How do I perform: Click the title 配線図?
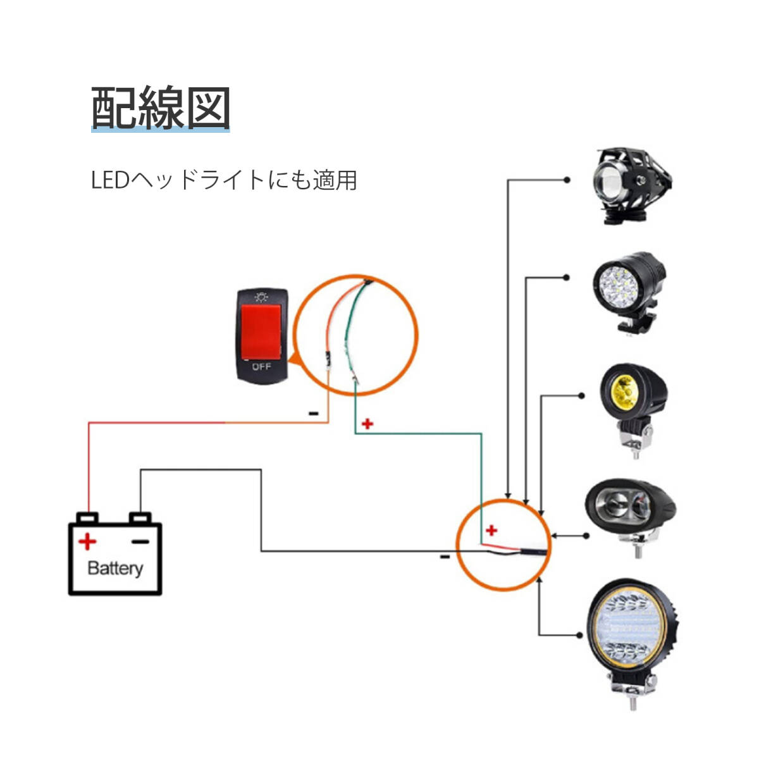coord(161,109)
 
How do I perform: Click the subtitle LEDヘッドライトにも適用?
coord(224,180)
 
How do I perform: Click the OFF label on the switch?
coord(261,366)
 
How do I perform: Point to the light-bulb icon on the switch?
coord(260,296)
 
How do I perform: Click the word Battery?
coord(114,567)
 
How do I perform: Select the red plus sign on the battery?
coord(87,542)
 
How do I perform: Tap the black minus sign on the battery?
coord(140,541)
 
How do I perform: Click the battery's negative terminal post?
coord(140,517)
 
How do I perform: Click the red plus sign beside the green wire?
coord(367,424)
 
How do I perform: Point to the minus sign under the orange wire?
coord(313,414)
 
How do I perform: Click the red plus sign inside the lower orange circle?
coord(491,530)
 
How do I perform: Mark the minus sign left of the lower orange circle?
coord(445,557)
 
